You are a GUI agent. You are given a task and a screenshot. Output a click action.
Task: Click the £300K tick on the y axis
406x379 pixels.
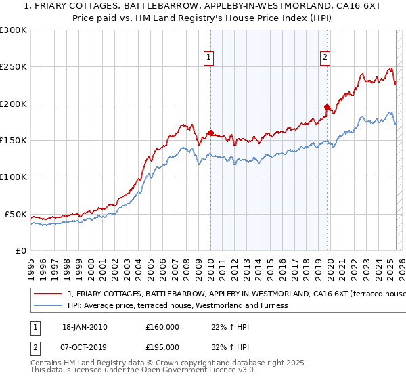coord(14,30)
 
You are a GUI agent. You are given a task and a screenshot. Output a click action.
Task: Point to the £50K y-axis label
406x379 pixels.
coord(16,214)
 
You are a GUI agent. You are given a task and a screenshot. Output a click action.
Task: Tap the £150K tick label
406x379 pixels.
coord(14,140)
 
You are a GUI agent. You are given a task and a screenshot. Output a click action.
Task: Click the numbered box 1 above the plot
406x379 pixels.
coord(210,58)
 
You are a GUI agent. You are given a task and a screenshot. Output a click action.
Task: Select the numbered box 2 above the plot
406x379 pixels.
coord(325,58)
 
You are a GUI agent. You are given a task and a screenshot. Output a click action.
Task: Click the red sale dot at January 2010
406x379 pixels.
coord(210,133)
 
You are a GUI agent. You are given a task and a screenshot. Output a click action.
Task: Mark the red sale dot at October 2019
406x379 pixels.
coord(327,107)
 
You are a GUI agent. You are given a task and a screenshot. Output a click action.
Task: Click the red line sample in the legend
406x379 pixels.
coord(48,294)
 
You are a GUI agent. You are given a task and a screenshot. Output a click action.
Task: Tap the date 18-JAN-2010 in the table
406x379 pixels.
coord(85,327)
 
